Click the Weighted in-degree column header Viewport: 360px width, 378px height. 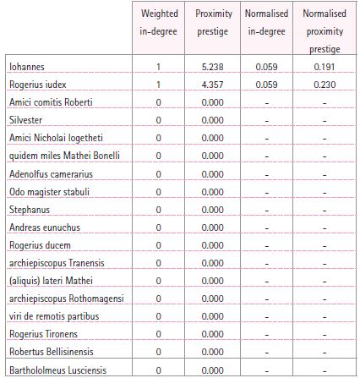158,24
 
